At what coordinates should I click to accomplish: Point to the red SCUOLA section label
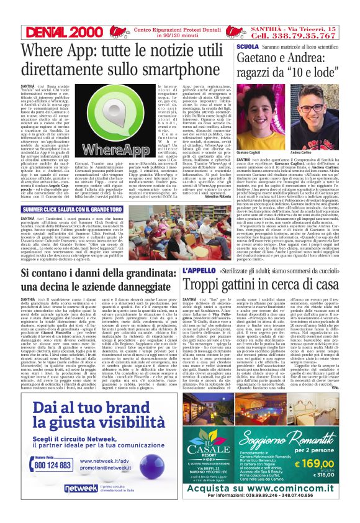247,47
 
